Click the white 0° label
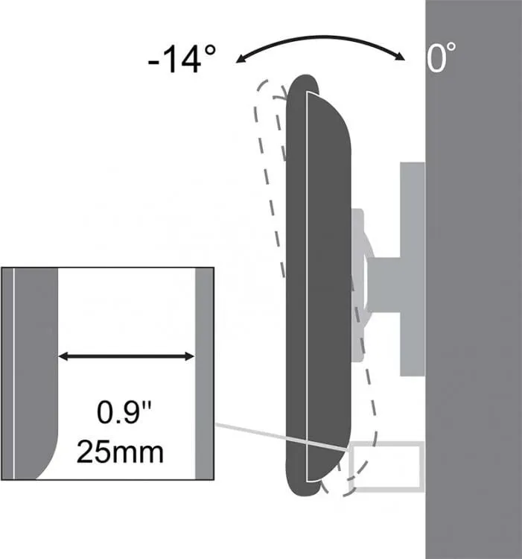441,57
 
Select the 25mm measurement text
120,452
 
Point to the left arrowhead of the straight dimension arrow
63,356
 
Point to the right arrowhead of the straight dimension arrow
190,356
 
